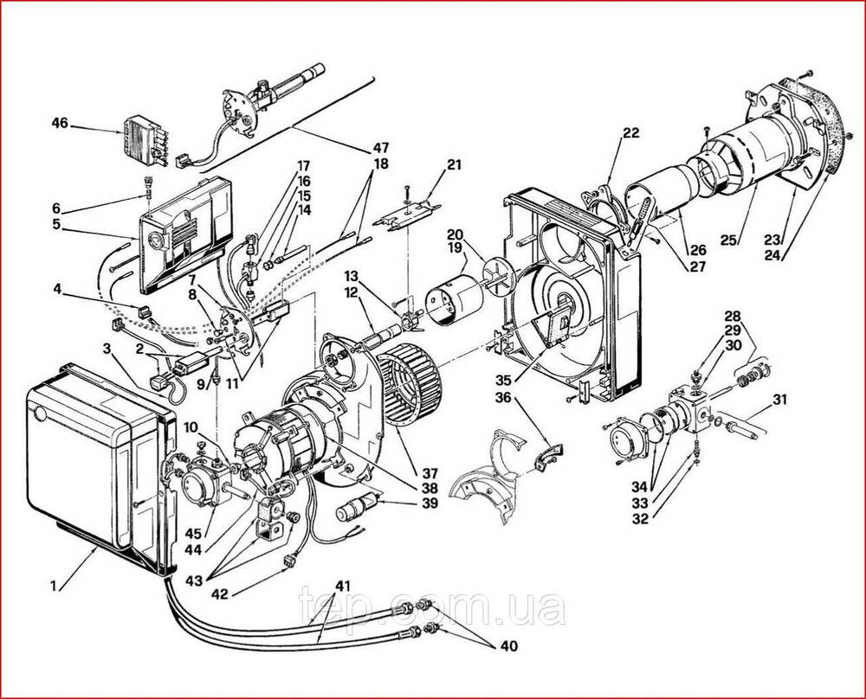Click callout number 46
(60, 122)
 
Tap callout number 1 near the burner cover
(54, 586)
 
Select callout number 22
(630, 132)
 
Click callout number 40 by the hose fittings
(509, 645)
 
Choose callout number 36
(502, 397)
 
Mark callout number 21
(455, 164)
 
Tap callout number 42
(220, 594)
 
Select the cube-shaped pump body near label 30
(690, 413)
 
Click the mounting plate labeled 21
(406, 217)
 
